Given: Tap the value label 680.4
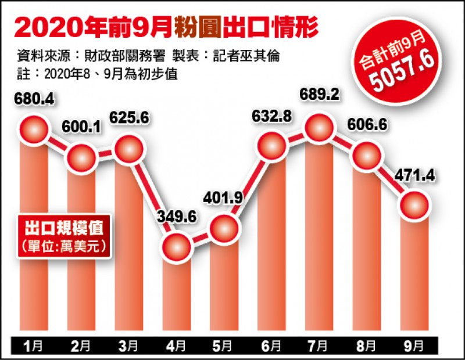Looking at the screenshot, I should point(34,100).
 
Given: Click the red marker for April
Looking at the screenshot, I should point(177,247).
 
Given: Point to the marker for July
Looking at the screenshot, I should point(320,129).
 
